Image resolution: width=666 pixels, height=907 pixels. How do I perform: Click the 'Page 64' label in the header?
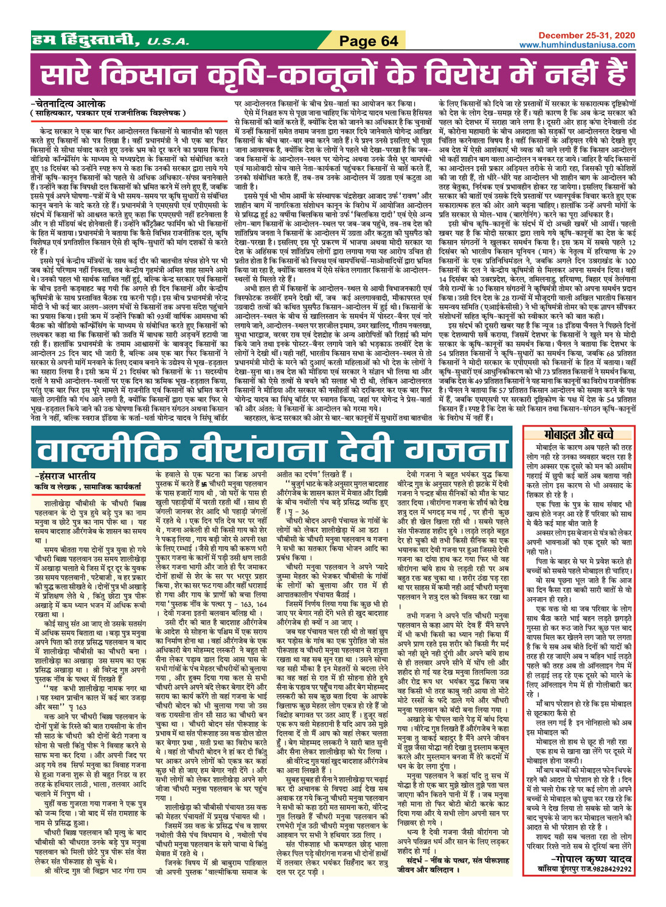[368, 41]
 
